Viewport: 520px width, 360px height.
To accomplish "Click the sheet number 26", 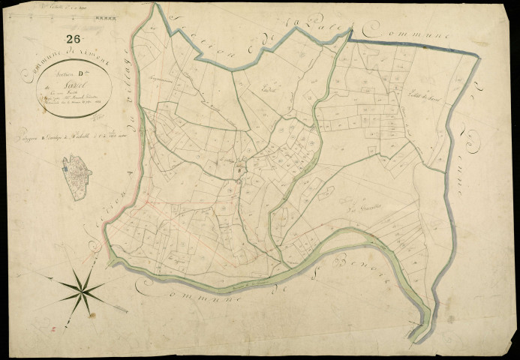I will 74,39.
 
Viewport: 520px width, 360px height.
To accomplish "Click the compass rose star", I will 84,289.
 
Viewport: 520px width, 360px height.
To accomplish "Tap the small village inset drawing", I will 77,177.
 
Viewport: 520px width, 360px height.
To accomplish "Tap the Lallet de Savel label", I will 401,112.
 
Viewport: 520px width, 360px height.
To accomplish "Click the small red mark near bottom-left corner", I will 53,328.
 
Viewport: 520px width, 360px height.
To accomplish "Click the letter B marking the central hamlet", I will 238,171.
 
